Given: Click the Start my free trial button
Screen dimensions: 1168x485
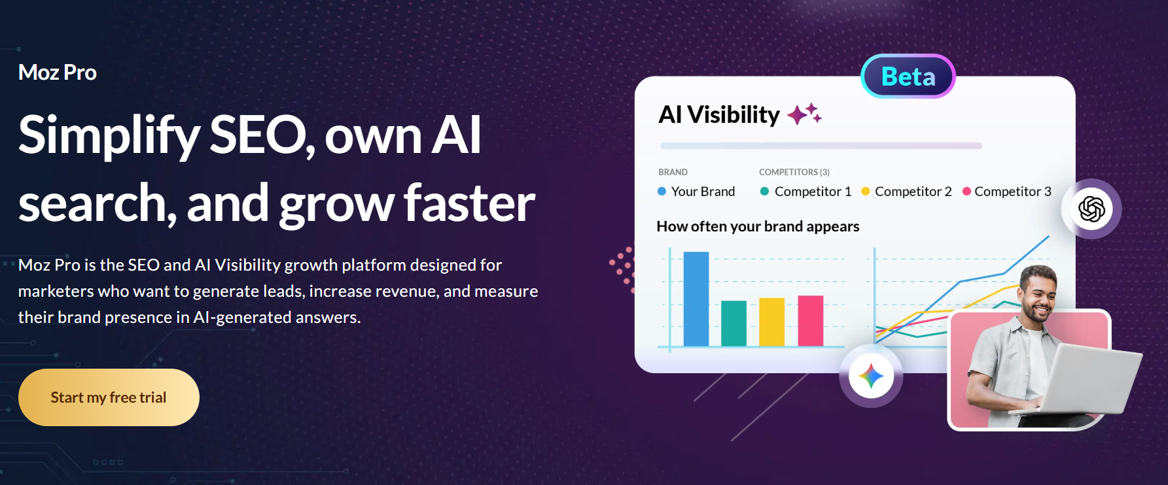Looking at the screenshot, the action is [x=109, y=397].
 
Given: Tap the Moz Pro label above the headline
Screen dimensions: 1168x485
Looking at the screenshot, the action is [x=58, y=72].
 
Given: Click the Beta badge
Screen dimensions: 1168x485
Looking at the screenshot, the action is [x=908, y=76].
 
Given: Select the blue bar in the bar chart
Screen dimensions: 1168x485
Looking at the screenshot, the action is [x=696, y=299].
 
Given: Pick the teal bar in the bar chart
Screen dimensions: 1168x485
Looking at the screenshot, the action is [x=734, y=323].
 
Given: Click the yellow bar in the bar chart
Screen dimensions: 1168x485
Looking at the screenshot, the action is [x=772, y=322].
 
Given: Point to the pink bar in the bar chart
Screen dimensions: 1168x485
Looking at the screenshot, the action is [x=811, y=320].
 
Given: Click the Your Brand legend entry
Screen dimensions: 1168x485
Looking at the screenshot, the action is [x=696, y=192].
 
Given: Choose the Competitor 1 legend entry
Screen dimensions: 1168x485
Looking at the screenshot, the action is [x=805, y=192].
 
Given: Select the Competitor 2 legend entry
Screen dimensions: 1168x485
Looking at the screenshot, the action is [x=906, y=192].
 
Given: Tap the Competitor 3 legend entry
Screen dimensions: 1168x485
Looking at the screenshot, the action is [x=1006, y=192].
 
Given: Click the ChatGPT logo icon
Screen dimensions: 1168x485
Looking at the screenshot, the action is [x=1091, y=209].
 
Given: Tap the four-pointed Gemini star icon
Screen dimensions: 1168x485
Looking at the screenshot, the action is [x=871, y=376].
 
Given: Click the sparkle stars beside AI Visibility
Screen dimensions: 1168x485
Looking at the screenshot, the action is [x=804, y=114].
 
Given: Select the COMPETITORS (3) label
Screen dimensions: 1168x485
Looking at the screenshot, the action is [x=794, y=172].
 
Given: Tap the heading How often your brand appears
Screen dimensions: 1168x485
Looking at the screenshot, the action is [x=758, y=226].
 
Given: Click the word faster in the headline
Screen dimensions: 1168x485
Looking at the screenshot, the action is [x=469, y=203].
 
